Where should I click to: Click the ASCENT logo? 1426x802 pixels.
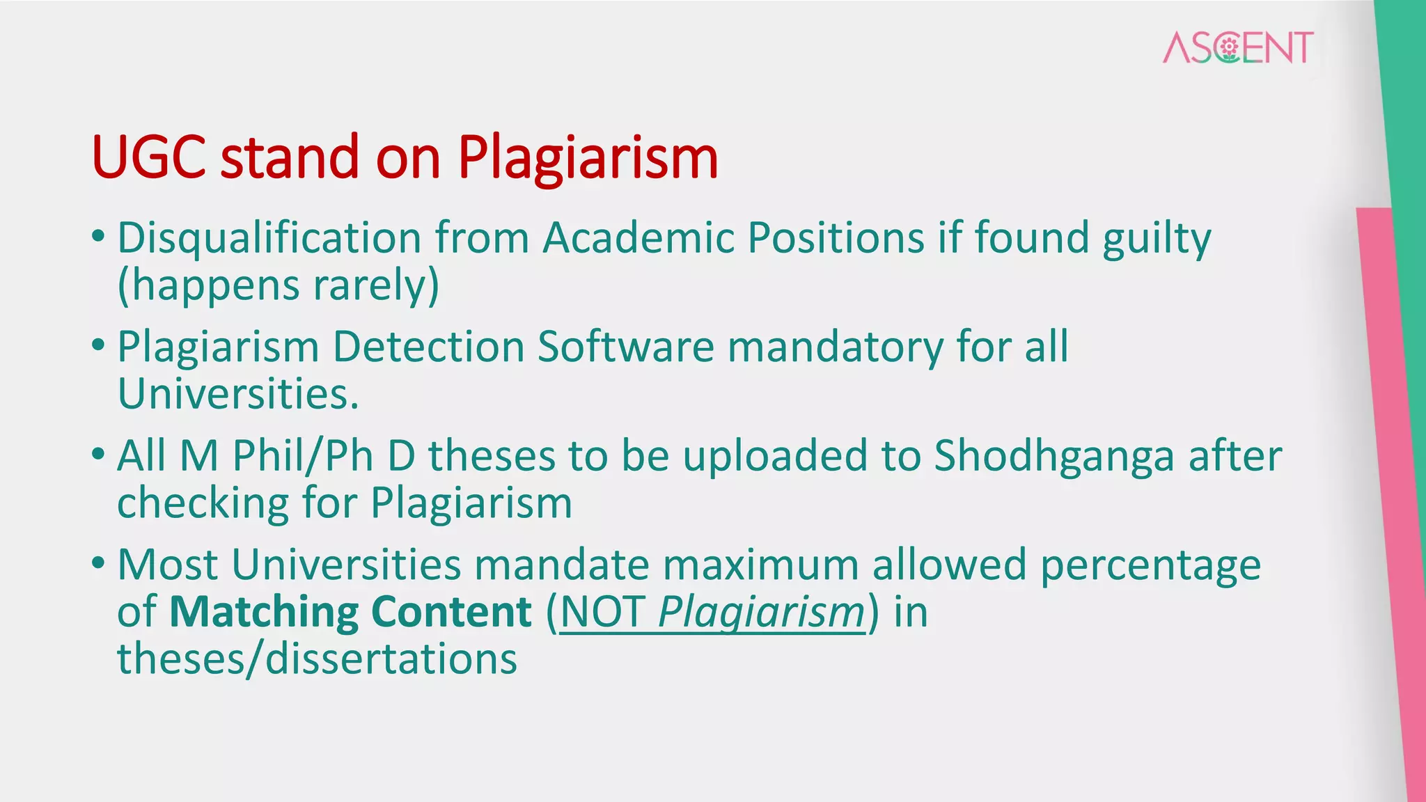[x=1238, y=47]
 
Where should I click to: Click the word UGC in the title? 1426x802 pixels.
[x=148, y=157]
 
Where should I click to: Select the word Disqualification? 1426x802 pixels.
[x=269, y=238]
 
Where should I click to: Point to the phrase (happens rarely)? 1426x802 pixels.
[x=279, y=285]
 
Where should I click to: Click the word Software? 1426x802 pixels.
[x=625, y=347]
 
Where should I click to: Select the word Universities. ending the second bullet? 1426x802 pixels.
[x=238, y=394]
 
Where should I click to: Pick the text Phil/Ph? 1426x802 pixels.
[x=303, y=457]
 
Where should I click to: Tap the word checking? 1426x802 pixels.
[x=203, y=503]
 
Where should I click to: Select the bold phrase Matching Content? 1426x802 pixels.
[x=350, y=612]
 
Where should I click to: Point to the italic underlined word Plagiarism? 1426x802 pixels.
[x=760, y=613]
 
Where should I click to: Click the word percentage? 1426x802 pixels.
[x=1150, y=565]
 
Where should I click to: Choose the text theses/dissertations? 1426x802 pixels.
[x=317, y=659]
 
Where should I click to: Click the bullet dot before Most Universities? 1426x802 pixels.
[x=98, y=562]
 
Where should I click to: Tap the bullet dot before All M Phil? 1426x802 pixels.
[x=98, y=453]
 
